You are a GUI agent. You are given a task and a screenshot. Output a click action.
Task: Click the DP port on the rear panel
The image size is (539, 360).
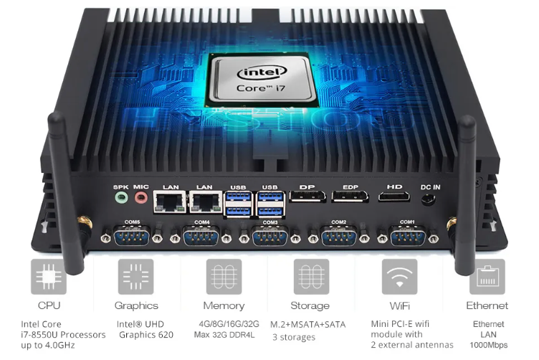point(307,196)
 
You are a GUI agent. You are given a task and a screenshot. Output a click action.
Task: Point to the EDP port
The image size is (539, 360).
point(350,196)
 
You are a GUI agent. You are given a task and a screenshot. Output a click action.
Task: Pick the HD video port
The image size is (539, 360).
point(394,196)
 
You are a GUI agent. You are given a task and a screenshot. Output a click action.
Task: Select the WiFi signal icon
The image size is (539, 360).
point(399,277)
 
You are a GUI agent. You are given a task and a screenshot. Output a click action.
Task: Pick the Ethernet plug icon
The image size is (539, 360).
point(487,277)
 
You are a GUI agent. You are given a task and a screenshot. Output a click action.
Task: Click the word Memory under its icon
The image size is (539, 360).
point(224,306)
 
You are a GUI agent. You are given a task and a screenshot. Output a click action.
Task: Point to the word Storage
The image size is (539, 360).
point(311,306)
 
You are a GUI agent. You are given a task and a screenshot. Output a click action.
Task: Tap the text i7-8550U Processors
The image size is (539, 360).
point(63,335)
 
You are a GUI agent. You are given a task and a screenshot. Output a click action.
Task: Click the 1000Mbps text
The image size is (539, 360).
point(488,345)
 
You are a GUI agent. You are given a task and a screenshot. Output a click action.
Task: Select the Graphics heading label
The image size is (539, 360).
point(136,306)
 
